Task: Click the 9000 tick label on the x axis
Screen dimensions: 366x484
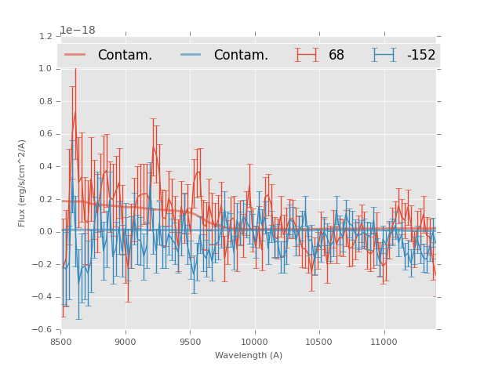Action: click(126, 342)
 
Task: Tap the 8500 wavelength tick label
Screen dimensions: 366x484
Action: click(61, 342)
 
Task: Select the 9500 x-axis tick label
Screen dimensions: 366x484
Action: click(190, 342)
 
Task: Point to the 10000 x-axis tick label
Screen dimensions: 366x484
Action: click(254, 342)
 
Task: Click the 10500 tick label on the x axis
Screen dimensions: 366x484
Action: click(318, 342)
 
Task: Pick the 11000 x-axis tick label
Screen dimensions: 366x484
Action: click(384, 342)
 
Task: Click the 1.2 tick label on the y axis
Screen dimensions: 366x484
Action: click(45, 36)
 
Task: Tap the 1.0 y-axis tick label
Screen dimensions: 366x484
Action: click(45, 69)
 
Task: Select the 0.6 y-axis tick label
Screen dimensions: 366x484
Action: click(45, 134)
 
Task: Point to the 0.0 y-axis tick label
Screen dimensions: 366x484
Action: click(45, 232)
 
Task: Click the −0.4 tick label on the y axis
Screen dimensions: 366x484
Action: click(42, 297)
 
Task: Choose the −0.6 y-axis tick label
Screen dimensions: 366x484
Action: click(42, 330)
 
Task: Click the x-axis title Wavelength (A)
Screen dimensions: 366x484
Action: click(249, 356)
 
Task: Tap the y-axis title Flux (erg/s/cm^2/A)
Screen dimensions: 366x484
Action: click(23, 183)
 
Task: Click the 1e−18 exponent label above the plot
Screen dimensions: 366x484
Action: click(78, 31)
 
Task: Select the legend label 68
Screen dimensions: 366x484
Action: click(337, 56)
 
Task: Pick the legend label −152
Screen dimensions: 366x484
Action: click(420, 56)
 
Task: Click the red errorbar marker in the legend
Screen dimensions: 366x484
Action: click(308, 55)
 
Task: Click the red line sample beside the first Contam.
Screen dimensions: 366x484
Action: click(75, 55)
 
